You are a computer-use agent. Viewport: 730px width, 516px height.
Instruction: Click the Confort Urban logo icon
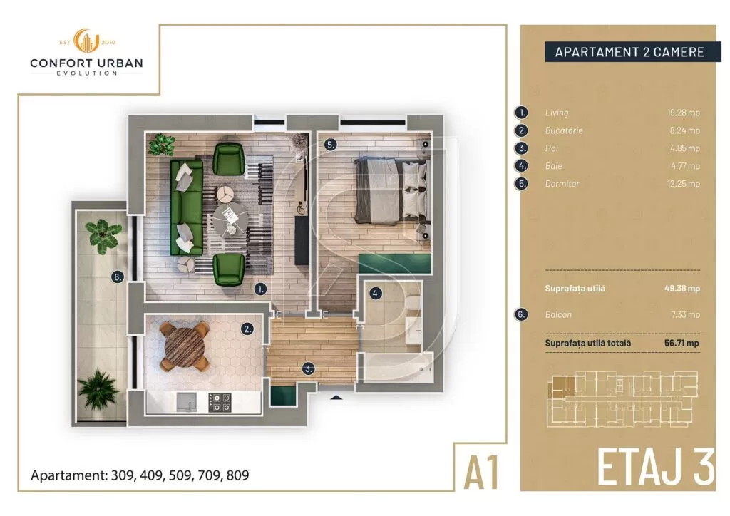pos(86,42)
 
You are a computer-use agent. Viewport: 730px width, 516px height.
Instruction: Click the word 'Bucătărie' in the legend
pos(564,130)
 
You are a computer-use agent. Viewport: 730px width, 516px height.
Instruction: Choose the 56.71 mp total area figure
pos(682,343)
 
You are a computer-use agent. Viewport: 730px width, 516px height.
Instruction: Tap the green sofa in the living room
pos(186,206)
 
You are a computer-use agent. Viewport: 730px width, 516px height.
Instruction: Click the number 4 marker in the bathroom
pos(375,292)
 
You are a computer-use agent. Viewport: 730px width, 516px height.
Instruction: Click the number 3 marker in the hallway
pos(308,369)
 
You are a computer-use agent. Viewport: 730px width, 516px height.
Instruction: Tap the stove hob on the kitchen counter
pos(219,403)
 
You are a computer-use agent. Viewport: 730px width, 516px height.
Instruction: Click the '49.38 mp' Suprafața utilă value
pos(682,289)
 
